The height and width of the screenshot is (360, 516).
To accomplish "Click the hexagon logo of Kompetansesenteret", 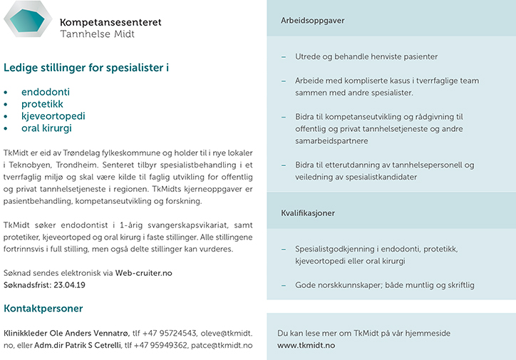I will [28, 19].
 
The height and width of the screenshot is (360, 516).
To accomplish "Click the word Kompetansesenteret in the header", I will [110, 22].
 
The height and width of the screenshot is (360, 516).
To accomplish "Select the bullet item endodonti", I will [46, 92].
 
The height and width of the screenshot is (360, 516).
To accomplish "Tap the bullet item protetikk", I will [43, 104].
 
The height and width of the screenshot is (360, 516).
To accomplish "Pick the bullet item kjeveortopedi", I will [53, 116].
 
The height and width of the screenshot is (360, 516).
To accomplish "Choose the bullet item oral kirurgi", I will [47, 128].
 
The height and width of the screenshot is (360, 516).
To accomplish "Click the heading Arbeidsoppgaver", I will [313, 21].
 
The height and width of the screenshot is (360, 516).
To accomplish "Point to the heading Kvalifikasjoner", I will [308, 213].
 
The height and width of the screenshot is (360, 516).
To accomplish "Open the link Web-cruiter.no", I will [143, 273].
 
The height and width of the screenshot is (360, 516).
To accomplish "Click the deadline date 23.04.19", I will [70, 285].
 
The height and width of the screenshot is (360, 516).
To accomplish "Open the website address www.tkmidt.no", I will [306, 345].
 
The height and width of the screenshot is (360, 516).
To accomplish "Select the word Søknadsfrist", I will [24, 285].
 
